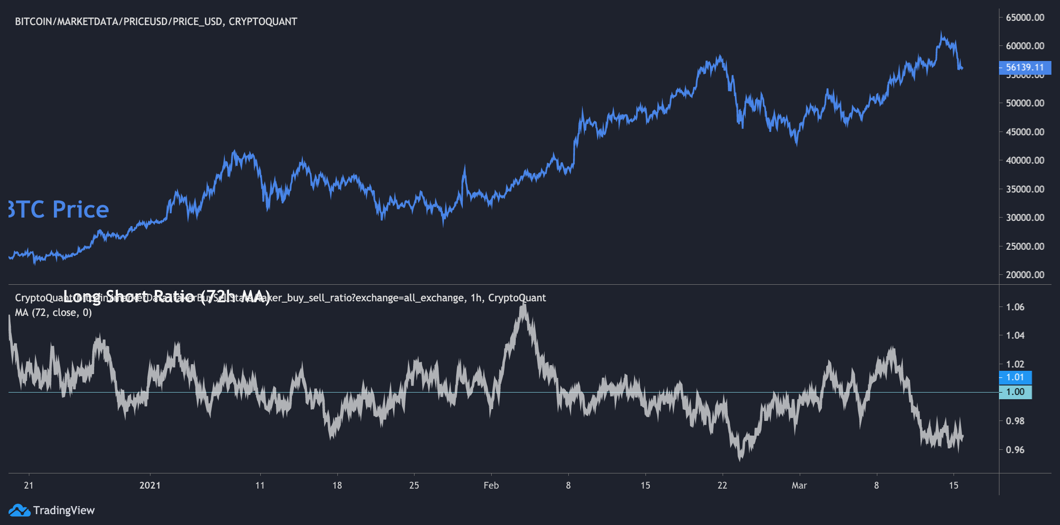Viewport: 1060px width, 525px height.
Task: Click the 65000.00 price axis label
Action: (x=1025, y=17)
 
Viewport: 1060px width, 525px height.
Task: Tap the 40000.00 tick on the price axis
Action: (x=1025, y=160)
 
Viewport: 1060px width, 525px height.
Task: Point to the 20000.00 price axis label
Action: (x=1025, y=275)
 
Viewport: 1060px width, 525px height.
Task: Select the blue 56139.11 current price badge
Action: (x=1025, y=68)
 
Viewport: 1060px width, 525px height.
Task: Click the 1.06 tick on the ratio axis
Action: (x=1015, y=307)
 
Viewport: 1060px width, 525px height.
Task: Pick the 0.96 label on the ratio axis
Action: (x=1015, y=450)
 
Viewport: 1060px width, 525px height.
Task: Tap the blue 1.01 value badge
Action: (x=1015, y=377)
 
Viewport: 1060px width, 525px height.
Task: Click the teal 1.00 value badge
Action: (x=1015, y=392)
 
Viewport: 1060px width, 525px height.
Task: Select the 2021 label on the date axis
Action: (x=150, y=485)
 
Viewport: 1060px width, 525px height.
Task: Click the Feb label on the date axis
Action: (x=491, y=485)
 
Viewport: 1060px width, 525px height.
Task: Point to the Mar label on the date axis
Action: (x=799, y=485)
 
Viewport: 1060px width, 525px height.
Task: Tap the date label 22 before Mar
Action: (x=722, y=485)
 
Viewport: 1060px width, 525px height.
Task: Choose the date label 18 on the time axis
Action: (x=337, y=485)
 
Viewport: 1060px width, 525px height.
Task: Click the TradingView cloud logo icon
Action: (x=19, y=510)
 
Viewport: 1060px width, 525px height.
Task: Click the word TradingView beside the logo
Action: (x=64, y=510)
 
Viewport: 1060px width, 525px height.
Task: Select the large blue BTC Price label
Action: (x=59, y=210)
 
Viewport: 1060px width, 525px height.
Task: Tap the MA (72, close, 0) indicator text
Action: (x=53, y=313)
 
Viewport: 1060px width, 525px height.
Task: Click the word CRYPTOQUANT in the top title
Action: (x=263, y=22)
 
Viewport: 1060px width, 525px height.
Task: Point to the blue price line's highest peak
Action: (x=941, y=33)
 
